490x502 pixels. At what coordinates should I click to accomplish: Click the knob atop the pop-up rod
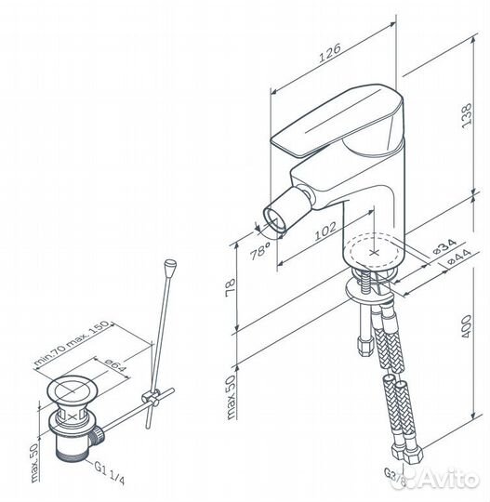pos(172,270)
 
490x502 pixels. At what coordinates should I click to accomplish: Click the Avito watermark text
pos(450,479)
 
